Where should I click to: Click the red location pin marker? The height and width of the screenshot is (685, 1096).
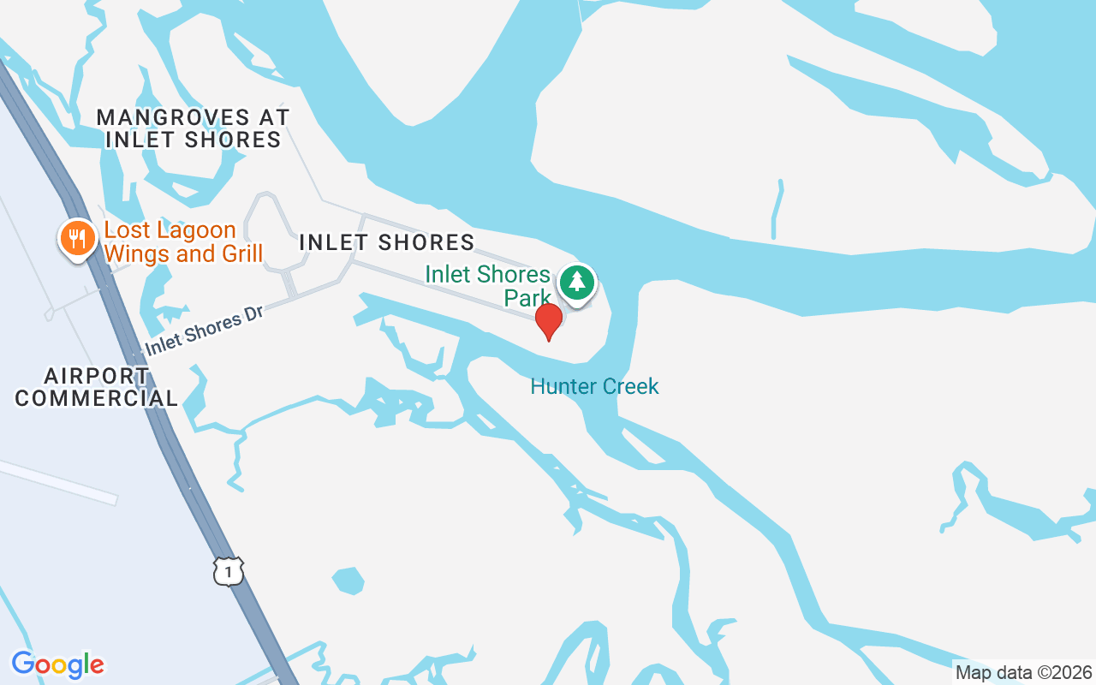(548, 320)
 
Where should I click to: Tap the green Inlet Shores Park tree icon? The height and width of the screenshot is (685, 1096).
(578, 281)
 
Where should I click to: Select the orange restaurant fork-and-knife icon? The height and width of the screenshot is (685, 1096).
(78, 239)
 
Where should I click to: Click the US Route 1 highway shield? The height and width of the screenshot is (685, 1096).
(228, 571)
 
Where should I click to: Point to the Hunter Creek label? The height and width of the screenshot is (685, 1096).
(594, 386)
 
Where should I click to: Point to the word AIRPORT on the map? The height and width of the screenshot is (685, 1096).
(97, 376)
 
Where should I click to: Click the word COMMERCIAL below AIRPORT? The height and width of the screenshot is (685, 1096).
(97, 398)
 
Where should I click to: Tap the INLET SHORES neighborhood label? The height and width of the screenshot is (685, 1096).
(386, 242)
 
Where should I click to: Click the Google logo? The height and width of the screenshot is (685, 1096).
(57, 664)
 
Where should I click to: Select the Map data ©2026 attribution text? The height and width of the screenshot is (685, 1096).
(1023, 672)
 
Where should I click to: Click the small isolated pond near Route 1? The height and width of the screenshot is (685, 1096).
(348, 580)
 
